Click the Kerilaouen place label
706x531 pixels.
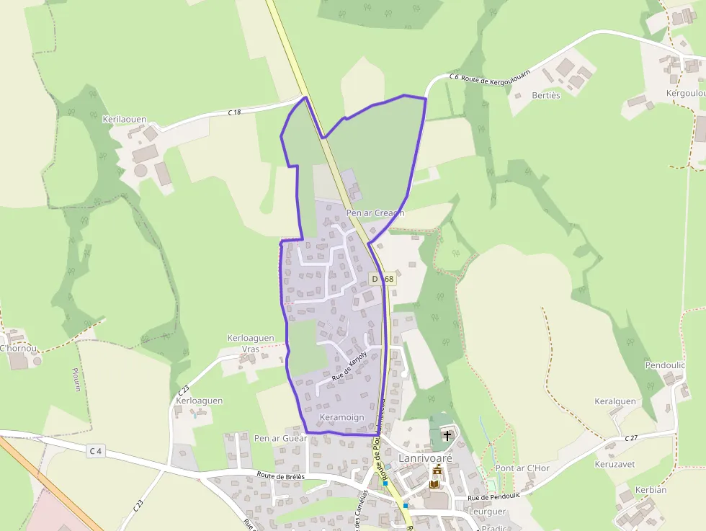click(x=125, y=120)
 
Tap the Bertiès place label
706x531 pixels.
click(x=545, y=95)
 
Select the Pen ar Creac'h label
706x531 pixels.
click(x=375, y=213)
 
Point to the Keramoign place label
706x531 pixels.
click(x=341, y=418)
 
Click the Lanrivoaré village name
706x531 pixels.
click(x=426, y=458)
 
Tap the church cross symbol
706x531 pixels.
click(x=447, y=436)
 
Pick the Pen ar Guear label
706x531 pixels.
click(x=280, y=438)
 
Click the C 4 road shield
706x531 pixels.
click(x=96, y=451)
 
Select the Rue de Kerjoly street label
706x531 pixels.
click(x=349, y=365)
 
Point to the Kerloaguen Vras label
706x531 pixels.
click(x=251, y=343)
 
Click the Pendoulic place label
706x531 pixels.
click(x=665, y=365)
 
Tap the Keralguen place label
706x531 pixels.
click(x=615, y=401)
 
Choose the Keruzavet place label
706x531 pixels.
click(x=615, y=464)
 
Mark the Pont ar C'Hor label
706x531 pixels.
click(x=522, y=468)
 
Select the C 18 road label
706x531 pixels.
click(x=234, y=112)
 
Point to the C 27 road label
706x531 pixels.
click(x=631, y=437)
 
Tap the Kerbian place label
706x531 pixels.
click(x=651, y=490)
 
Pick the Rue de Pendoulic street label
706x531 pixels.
click(x=493, y=497)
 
